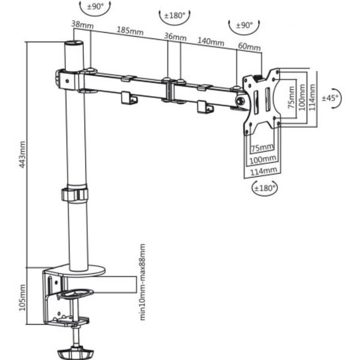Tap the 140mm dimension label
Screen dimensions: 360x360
coord(211,42)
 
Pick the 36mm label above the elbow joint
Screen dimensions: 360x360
coord(175,37)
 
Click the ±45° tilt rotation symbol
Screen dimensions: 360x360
coord(331,98)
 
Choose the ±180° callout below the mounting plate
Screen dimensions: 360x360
coord(264,188)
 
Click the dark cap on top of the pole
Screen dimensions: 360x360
coord(74,43)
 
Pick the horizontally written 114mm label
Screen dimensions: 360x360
coord(265,170)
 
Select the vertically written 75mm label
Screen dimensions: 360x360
coord(290,97)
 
